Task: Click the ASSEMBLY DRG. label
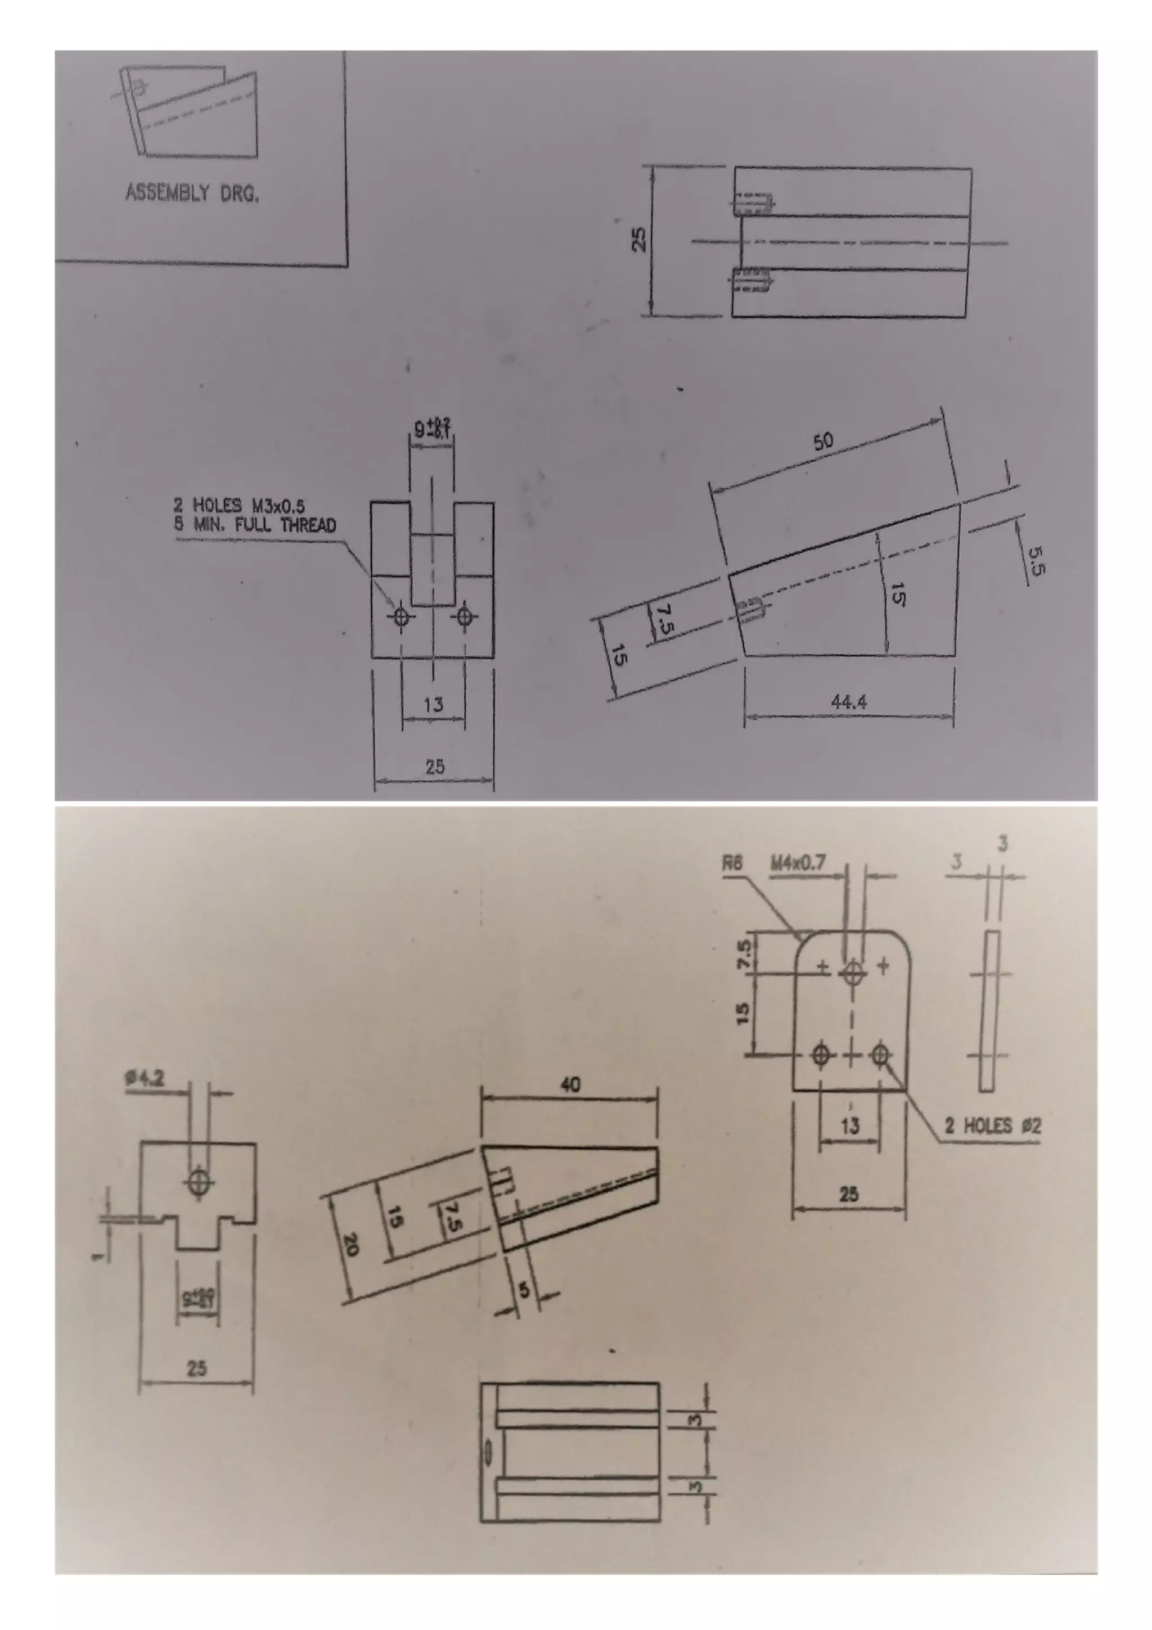click(x=192, y=192)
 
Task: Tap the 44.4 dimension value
click(x=848, y=702)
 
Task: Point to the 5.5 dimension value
click(x=1036, y=560)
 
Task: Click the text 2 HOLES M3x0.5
click(x=239, y=506)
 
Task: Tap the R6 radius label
click(x=732, y=863)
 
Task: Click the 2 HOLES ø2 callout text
click(x=992, y=1125)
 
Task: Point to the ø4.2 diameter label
click(x=145, y=1078)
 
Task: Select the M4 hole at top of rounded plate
click(x=852, y=972)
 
